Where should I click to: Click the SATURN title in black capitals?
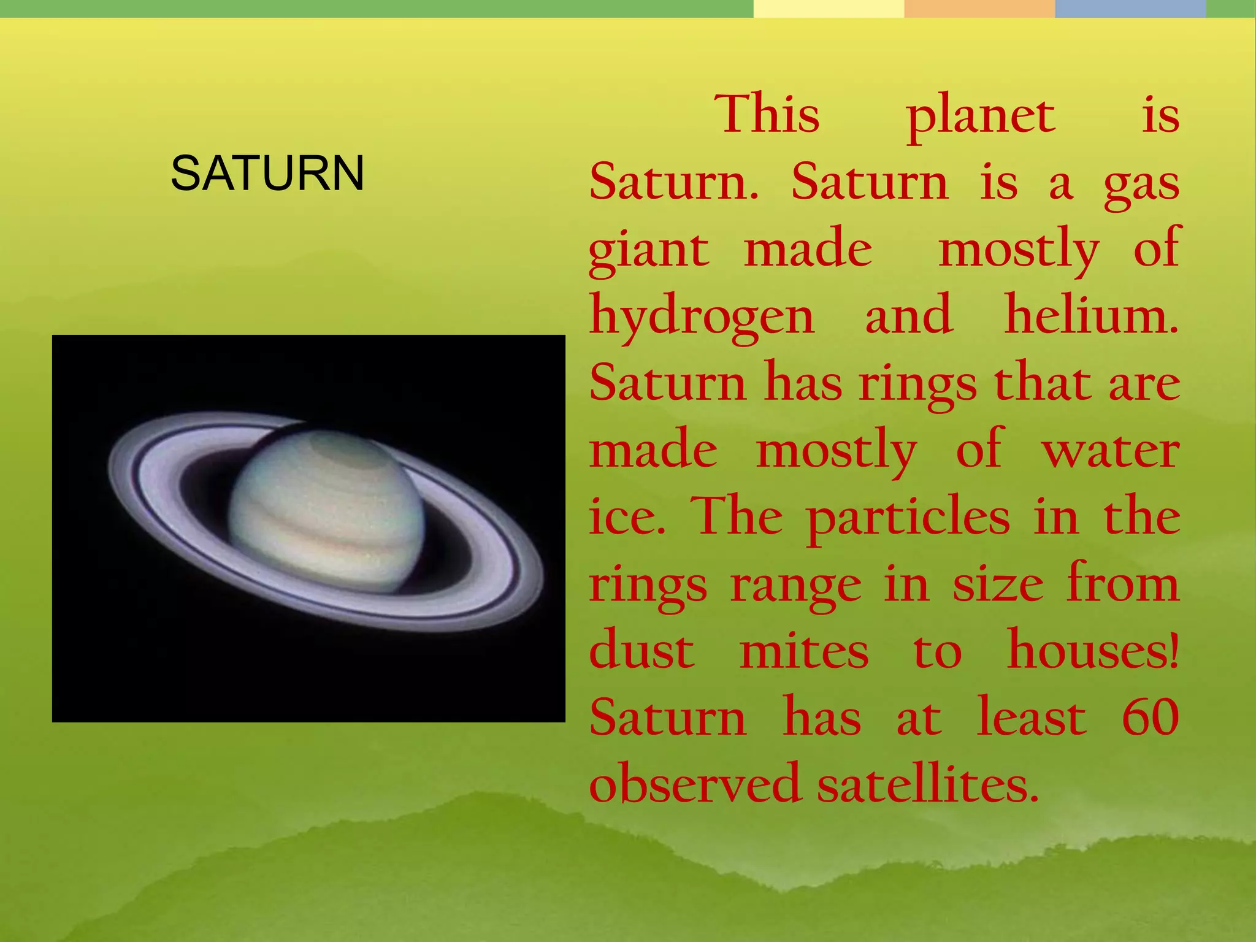coord(267,174)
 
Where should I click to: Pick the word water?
coord(1111,451)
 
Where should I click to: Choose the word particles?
coord(908,518)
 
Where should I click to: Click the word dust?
coord(641,651)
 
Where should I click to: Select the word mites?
coord(804,651)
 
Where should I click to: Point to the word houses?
coord(1092,651)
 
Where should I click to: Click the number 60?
coord(1151,717)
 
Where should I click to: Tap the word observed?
coord(695,784)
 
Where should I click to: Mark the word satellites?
coord(927,784)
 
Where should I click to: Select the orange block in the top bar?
coord(979,9)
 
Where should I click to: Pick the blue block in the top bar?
coord(1130,9)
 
